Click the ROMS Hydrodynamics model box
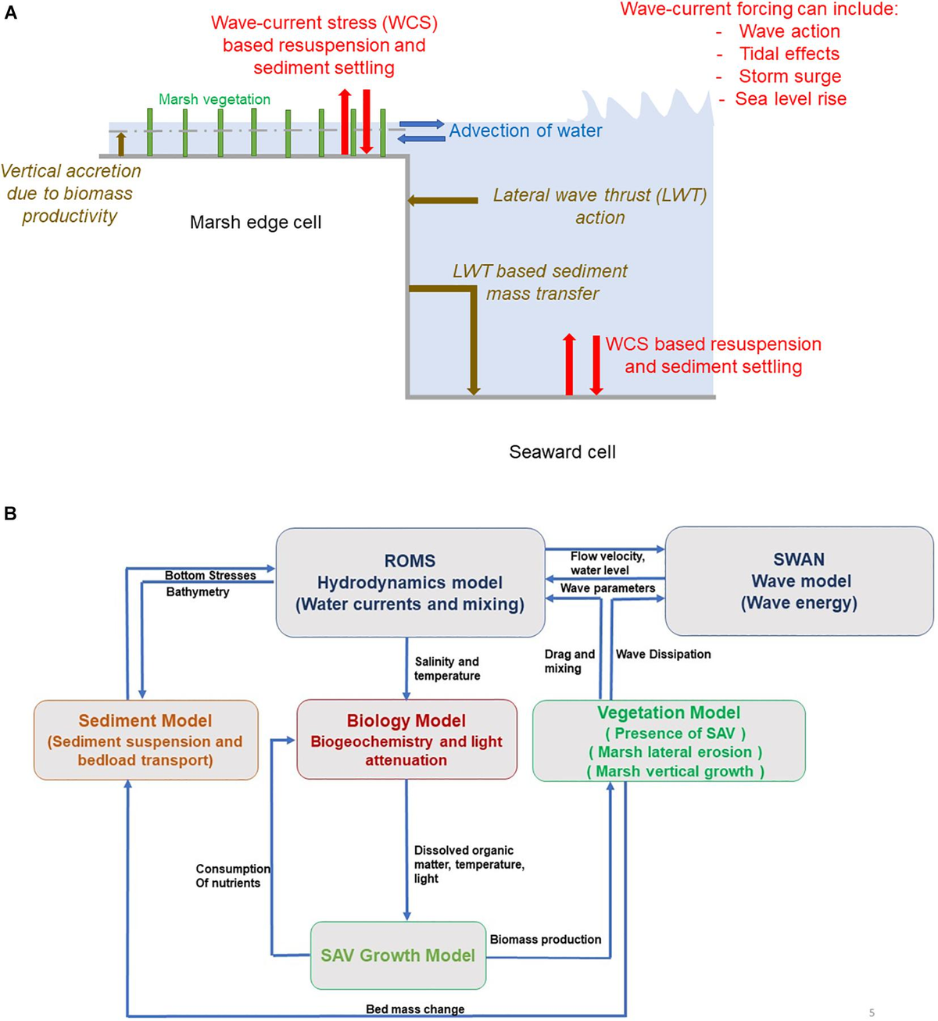pyautogui.click(x=410, y=582)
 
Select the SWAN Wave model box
pyautogui.click(x=799, y=580)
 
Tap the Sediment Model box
pyautogui.click(x=145, y=740)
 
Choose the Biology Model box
pyautogui.click(x=406, y=740)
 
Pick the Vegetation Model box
pyautogui.click(x=668, y=741)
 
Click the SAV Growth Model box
pyautogui.click(x=398, y=955)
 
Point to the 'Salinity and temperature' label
pyautogui.click(x=446, y=669)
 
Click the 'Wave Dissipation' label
pyautogui.click(x=663, y=654)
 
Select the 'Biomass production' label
pyautogui.click(x=546, y=939)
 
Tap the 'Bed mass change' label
pyautogui.click(x=415, y=1009)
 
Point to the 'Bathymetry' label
pyautogui.click(x=198, y=592)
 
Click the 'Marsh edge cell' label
pyautogui.click(x=256, y=222)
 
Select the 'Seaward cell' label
pyautogui.click(x=562, y=452)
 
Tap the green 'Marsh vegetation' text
pyautogui.click(x=214, y=99)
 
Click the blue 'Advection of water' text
pyautogui.click(x=525, y=130)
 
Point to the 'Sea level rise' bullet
pyautogui.click(x=790, y=98)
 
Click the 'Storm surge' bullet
pyautogui.click(x=789, y=76)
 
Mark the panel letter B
pyautogui.click(x=10, y=513)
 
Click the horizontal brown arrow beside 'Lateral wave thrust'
pyautogui.click(x=442, y=201)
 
